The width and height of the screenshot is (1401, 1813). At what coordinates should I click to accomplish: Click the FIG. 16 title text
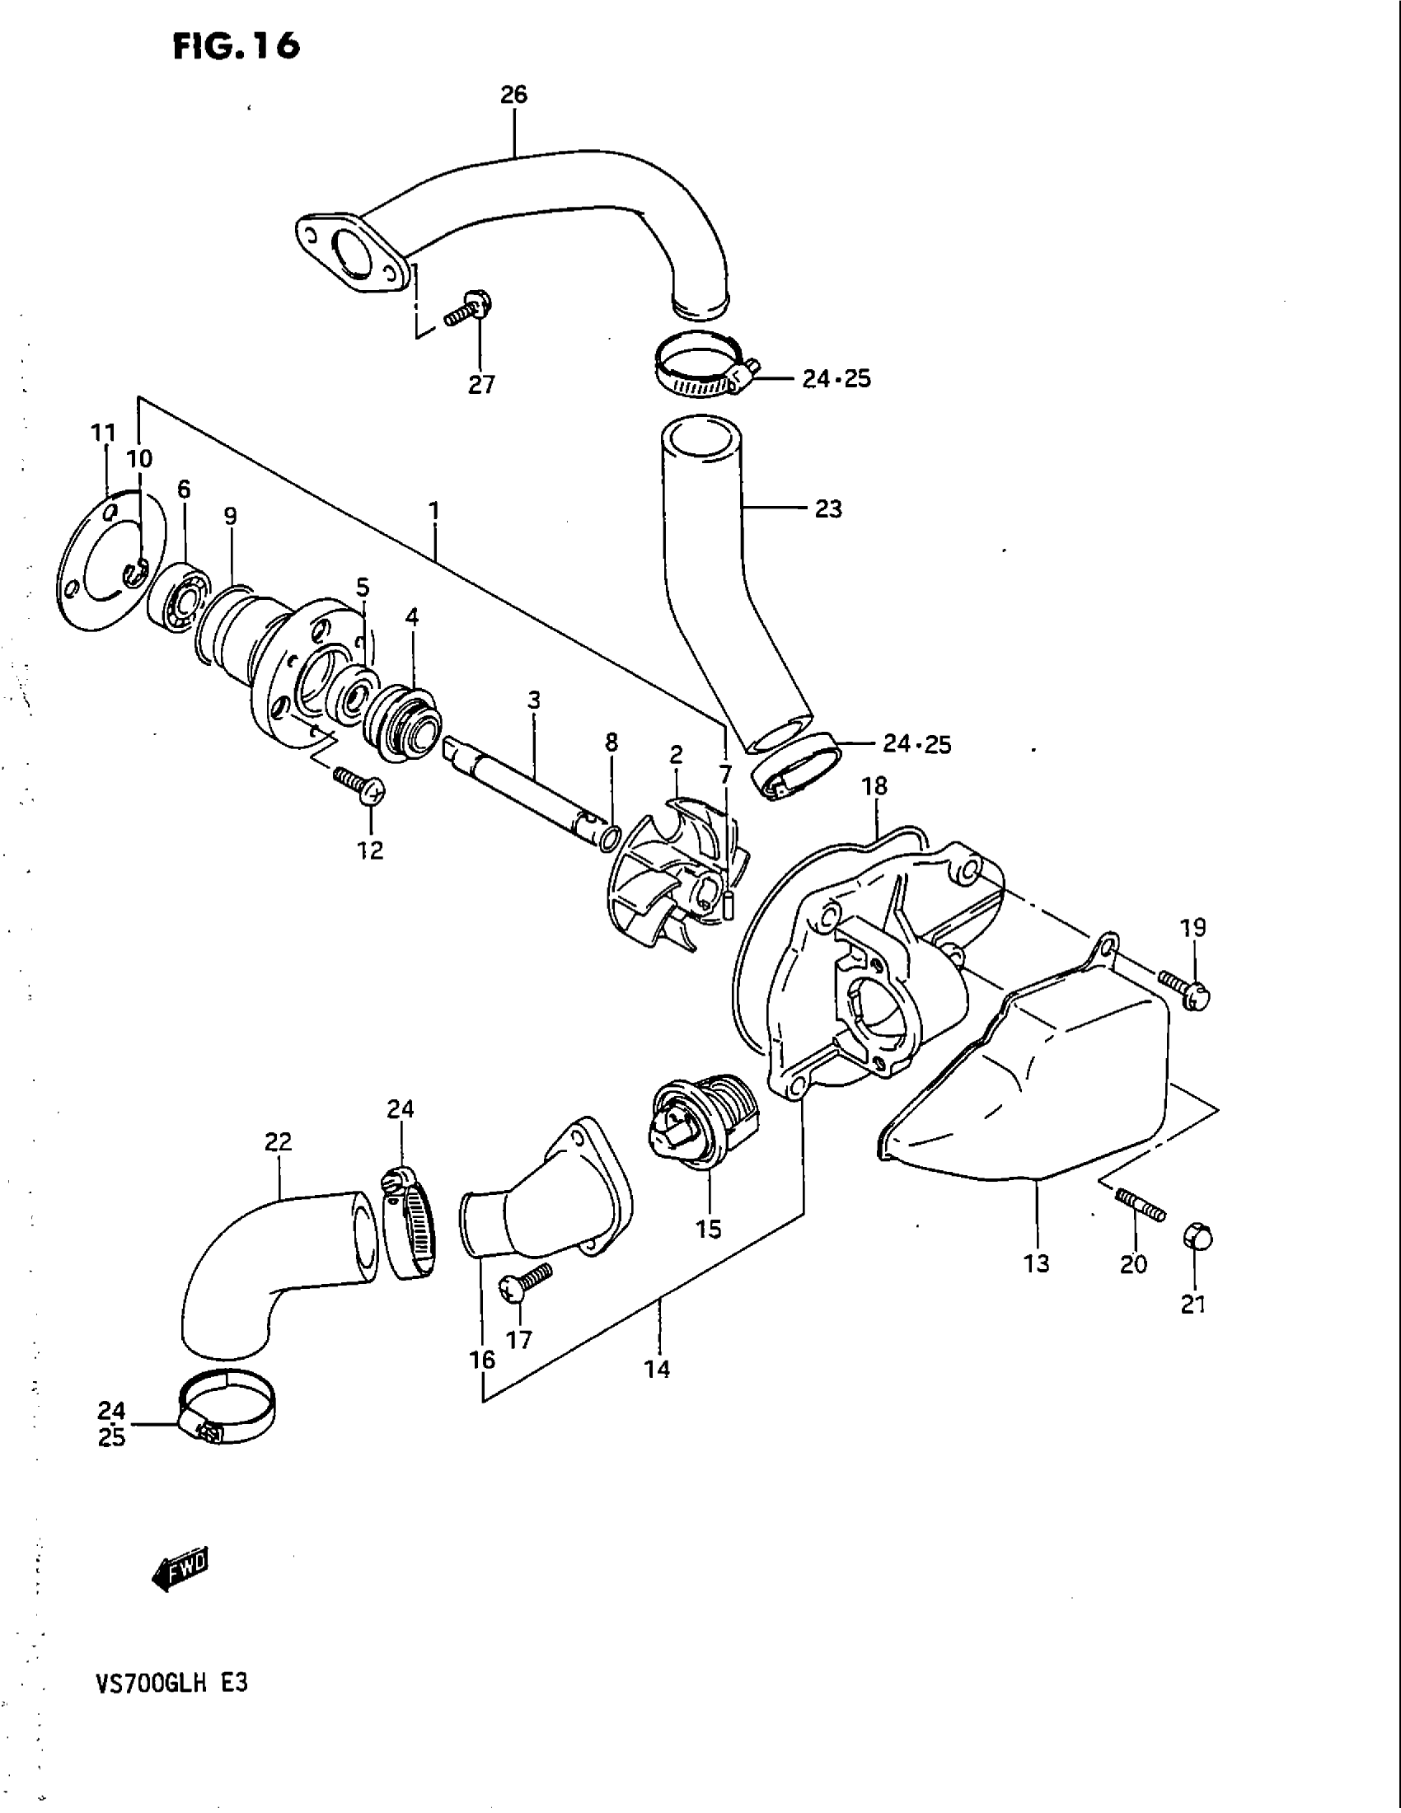(x=236, y=46)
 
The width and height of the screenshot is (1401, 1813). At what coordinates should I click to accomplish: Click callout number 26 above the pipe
(x=513, y=95)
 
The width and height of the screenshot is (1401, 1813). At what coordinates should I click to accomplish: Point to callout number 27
(x=481, y=384)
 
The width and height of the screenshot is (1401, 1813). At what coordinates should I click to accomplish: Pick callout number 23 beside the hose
(x=828, y=508)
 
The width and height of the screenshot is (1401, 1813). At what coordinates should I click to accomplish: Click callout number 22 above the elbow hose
(x=278, y=1142)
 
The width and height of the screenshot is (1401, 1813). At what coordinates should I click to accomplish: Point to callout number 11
(x=103, y=433)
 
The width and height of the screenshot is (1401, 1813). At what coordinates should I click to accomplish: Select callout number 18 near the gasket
(x=874, y=785)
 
